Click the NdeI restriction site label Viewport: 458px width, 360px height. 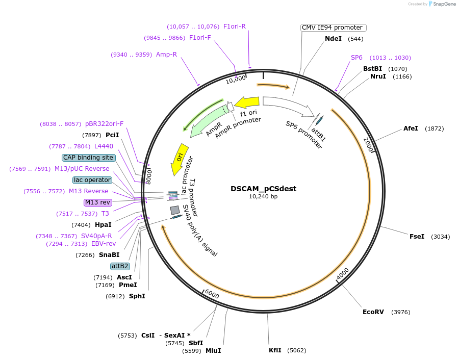[334, 39]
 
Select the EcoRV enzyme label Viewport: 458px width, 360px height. [372, 312]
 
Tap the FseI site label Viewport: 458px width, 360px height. [417, 237]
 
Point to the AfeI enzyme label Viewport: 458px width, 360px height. [411, 128]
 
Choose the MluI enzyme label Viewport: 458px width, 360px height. [213, 351]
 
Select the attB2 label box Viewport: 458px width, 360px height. [120, 266]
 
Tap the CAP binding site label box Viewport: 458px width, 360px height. [88, 158]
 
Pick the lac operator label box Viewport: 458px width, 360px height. [92, 180]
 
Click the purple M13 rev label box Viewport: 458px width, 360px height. [97, 202]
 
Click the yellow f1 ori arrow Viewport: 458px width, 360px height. [247, 102]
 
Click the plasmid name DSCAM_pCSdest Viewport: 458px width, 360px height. [263, 189]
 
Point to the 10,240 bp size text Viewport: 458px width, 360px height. [263, 196]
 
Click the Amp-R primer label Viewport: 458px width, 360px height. [166, 55]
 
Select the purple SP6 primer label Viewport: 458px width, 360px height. [357, 58]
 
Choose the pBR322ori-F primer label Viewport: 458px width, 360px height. [104, 124]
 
